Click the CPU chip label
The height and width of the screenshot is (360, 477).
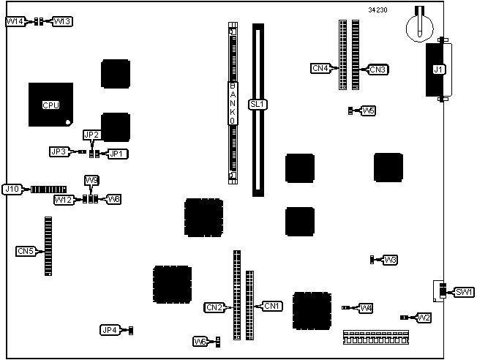50,105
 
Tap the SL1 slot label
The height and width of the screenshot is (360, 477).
258,104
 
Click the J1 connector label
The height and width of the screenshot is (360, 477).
438,70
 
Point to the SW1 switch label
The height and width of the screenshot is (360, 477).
464,292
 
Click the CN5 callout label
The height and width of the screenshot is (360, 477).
25,251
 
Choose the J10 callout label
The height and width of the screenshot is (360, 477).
11,189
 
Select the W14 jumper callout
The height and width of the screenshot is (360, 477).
15,22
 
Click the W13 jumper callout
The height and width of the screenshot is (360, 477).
62,22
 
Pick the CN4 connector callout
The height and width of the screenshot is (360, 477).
320,69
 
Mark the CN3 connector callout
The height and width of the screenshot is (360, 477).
378,70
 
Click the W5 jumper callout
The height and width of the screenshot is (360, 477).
369,110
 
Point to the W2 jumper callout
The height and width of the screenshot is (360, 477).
424,318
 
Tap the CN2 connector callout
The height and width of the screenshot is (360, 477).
214,307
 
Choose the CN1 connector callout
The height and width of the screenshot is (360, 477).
271,305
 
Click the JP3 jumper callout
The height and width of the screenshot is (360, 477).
59,151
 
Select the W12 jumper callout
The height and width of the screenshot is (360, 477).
63,199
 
